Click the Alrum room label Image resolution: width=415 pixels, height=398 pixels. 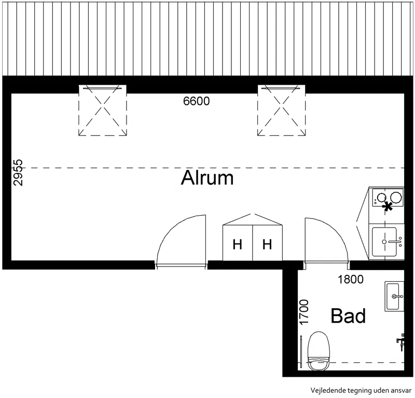pyautogui.click(x=207, y=178)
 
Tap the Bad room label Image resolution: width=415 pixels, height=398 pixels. pyautogui.click(x=348, y=315)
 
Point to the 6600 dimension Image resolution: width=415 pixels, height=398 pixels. pyautogui.click(x=197, y=101)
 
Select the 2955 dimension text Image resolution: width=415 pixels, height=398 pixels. pyautogui.click(x=18, y=173)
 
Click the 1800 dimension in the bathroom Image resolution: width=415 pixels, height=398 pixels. pyautogui.click(x=351, y=279)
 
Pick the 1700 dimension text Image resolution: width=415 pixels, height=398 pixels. pyautogui.click(x=304, y=312)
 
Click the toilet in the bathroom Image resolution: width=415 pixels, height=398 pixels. pyautogui.click(x=319, y=351)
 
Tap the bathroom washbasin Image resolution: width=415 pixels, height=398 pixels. pyautogui.click(x=394, y=296)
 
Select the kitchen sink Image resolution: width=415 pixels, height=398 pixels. pyautogui.click(x=385, y=242)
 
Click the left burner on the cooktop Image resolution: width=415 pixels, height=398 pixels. pyautogui.click(x=381, y=197)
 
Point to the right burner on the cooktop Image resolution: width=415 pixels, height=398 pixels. pyautogui.click(x=396, y=197)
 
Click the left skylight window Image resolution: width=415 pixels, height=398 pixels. pyautogui.click(x=103, y=110)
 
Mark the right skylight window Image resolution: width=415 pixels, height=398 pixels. pyautogui.click(x=281, y=110)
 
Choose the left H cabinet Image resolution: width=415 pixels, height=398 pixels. pyautogui.click(x=238, y=243)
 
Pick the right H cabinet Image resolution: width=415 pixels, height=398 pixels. pyautogui.click(x=267, y=243)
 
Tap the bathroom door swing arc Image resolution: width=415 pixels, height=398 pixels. pyautogui.click(x=334, y=231)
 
